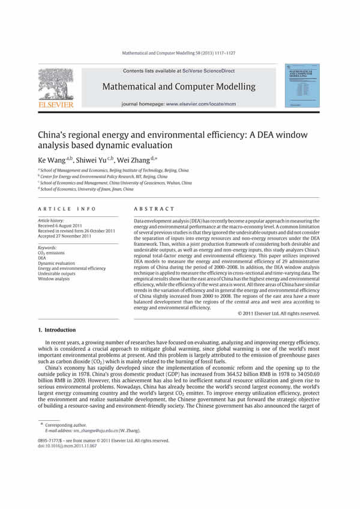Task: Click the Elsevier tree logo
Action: (56, 85)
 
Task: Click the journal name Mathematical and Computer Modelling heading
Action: (179, 87)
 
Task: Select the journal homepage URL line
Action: (179, 104)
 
